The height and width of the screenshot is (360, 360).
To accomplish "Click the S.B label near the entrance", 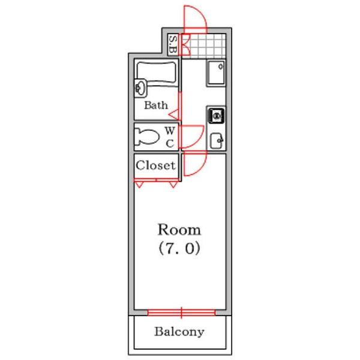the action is tap(173, 44).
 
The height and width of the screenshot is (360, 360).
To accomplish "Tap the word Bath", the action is tap(156, 106).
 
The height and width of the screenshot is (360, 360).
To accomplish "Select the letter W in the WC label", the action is tap(170, 131).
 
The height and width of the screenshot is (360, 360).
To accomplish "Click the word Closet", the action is tap(155, 166).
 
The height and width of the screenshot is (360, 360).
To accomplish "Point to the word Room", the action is tap(179, 230).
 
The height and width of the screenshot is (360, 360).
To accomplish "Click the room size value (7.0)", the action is tap(179, 248).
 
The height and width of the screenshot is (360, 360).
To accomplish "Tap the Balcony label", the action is tap(179, 332).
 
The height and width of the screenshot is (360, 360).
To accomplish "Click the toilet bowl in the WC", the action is tap(146, 137).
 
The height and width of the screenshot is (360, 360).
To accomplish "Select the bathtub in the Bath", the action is tap(157, 73).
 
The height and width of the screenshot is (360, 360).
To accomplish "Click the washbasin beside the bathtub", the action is tap(140, 88).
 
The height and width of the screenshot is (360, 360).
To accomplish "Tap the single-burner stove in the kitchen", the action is tap(216, 116).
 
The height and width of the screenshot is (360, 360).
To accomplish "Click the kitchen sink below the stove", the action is tap(217, 141).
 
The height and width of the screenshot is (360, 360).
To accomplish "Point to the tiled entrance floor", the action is tap(203, 46).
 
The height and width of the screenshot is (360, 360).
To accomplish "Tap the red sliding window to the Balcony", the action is tap(181, 313).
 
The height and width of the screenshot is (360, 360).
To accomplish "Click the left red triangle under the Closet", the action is tap(139, 184).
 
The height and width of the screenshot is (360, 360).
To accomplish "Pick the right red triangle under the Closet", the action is tap(173, 184).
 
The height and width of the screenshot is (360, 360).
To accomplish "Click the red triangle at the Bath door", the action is tap(175, 115).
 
